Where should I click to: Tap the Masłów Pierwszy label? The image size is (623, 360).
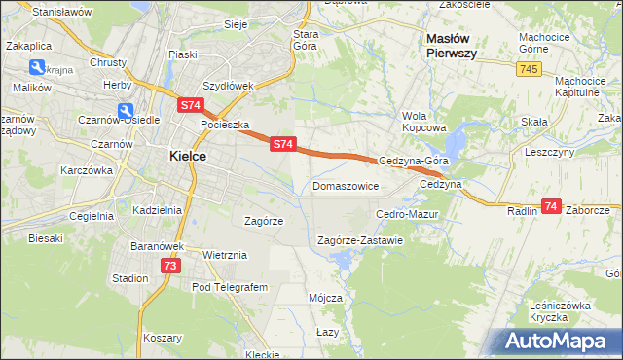pos(452,46)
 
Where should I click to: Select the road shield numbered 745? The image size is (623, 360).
pos(529,68)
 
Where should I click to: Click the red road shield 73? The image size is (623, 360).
pos(170,265)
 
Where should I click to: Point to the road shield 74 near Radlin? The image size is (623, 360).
pos(552,206)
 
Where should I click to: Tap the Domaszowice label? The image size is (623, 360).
pos(345,185)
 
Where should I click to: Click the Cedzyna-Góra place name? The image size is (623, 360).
pos(413,162)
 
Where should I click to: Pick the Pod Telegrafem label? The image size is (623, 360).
pos(229,288)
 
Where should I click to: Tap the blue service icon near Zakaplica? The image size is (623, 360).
pos(37,67)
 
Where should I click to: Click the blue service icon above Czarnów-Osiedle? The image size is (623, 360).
pos(126,112)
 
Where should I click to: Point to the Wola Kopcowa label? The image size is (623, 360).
pos(423,121)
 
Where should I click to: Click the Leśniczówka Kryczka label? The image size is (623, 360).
pos(561,311)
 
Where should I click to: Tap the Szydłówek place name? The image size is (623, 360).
pos(228,86)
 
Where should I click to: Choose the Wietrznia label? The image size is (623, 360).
pos(225,255)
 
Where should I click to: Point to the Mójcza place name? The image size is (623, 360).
pos(325,298)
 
